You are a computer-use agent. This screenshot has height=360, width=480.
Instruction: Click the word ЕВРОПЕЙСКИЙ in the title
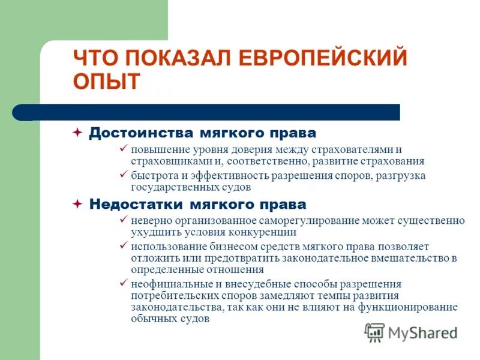coord(324,59)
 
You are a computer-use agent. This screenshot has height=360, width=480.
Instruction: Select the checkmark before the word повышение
coord(123,149)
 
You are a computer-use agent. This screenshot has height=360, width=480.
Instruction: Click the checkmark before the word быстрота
coord(123,175)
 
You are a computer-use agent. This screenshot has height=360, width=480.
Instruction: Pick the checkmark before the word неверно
coord(123,220)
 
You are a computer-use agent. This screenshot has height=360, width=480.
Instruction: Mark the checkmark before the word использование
coord(123,246)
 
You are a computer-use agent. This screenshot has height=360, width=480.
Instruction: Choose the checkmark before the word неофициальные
coord(123,283)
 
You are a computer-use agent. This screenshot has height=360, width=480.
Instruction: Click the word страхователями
coord(354,149)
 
